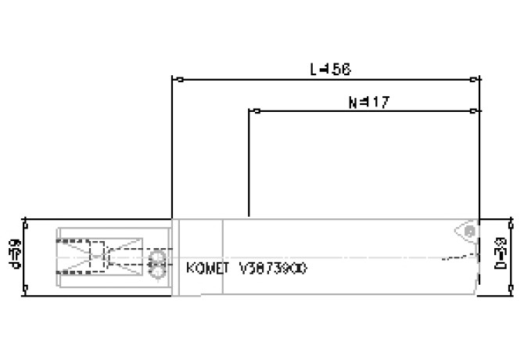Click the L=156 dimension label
[x=330, y=70]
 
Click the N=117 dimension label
[x=368, y=102]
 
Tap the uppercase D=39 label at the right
[x=504, y=256]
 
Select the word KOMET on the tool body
[x=207, y=268]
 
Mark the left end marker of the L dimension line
[x=179, y=79]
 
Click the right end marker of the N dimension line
[x=474, y=111]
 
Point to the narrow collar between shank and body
[x=177, y=257]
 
